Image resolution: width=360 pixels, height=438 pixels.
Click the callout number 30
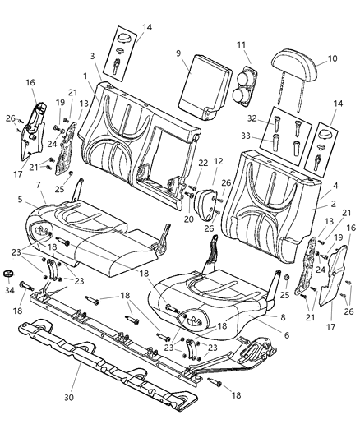78,383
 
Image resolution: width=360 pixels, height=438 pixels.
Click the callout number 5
20,199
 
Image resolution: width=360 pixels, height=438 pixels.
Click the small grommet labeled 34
10,274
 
